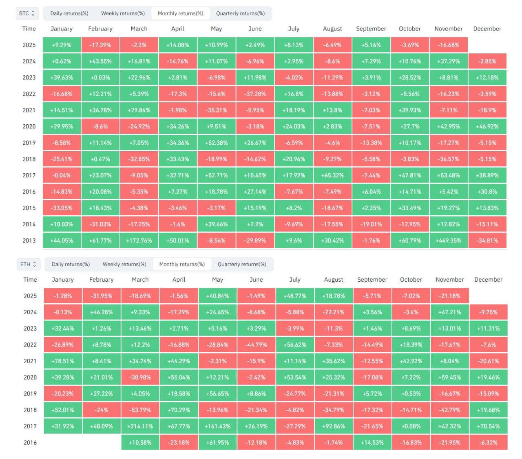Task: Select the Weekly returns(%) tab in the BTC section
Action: coord(123,13)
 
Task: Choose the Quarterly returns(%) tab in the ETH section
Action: coord(242,264)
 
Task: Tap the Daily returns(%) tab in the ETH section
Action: coord(71,264)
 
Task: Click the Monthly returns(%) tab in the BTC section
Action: coord(180,13)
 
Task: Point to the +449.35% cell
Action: coord(449,241)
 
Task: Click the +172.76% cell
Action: coord(139,241)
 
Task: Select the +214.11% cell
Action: coord(140,426)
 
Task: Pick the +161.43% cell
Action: coord(217,426)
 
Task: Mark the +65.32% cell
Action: coord(332,175)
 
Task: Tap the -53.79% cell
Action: coord(140,410)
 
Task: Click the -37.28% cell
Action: coord(255,94)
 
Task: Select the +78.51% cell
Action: coord(63,361)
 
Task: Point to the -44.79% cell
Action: coord(256,344)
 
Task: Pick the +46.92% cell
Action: coord(487,126)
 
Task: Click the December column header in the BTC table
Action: coord(487,29)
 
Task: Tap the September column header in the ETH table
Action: coord(372,280)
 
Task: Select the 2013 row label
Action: coord(29,241)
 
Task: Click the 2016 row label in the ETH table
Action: coord(30,442)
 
